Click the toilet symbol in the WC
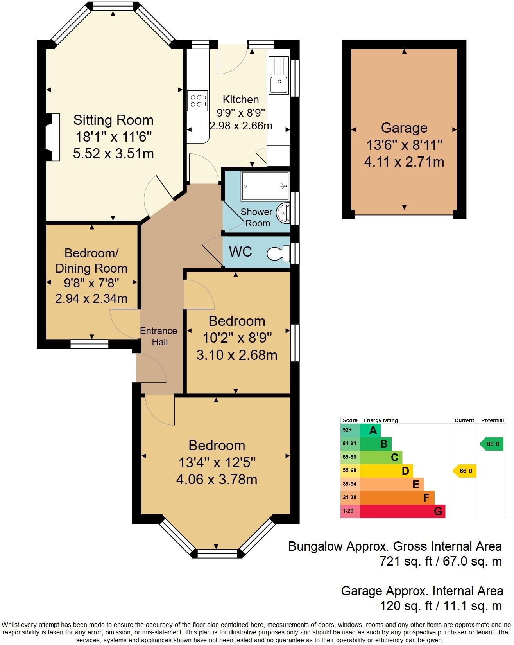point(279,253)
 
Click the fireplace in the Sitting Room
point(52,137)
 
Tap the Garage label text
point(404,128)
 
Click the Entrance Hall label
point(159,336)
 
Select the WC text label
point(240,252)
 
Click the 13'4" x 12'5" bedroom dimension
point(217,463)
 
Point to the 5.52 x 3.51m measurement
point(113,154)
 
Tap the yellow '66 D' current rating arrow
point(465,471)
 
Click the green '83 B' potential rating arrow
point(492,444)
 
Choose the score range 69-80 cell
point(350,457)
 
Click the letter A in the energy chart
point(373,431)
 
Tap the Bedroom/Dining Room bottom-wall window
point(90,344)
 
